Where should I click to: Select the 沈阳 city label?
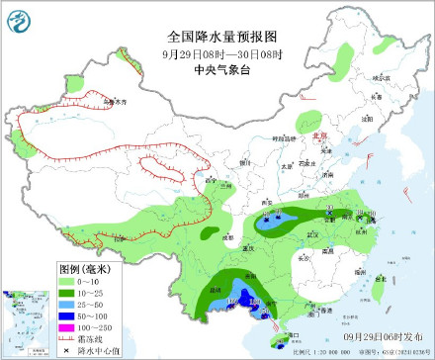coord(366,117)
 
